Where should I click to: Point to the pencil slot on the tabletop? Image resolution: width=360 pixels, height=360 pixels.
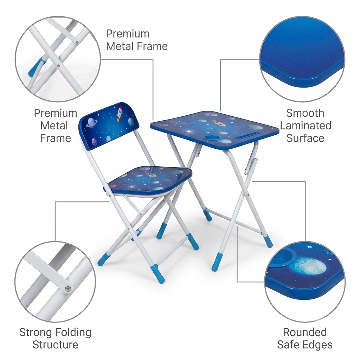point(249,135)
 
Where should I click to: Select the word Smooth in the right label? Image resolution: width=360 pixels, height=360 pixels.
point(305,113)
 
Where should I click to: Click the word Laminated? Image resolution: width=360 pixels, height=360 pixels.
point(306,126)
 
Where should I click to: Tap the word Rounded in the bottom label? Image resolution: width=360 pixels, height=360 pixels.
point(305,332)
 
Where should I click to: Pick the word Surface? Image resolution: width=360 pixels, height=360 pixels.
point(305,138)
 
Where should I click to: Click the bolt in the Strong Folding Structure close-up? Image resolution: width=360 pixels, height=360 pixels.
point(68,289)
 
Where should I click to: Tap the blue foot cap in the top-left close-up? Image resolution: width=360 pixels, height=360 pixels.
point(36,66)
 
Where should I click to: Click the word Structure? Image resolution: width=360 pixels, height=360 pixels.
point(55,345)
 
